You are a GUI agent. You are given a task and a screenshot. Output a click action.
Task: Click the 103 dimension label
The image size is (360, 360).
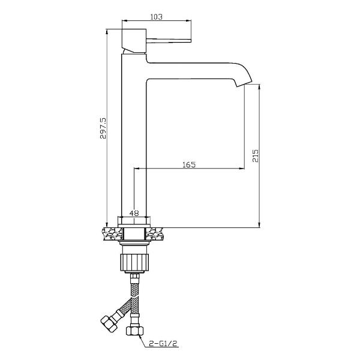pyautogui.click(x=157, y=17)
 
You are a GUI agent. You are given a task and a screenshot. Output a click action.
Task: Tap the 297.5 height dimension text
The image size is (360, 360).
pyautogui.click(x=103, y=128)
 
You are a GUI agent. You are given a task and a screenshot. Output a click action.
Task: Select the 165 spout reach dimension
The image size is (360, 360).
pyautogui.click(x=189, y=164)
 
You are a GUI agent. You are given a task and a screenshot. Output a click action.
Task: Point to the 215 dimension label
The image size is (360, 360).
pyautogui.click(x=256, y=155)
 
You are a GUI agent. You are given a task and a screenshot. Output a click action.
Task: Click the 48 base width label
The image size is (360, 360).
pyautogui.click(x=134, y=213)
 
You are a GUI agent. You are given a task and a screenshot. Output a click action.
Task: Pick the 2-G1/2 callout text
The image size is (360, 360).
pyautogui.click(x=163, y=344)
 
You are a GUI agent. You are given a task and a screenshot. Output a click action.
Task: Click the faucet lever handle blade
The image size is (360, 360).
pyautogui.click(x=169, y=41)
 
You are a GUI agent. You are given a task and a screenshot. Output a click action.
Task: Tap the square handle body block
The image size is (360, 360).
pyautogui.click(x=134, y=40)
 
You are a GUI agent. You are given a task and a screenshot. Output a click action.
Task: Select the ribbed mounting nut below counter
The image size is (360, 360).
pyautogui.click(x=134, y=262)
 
